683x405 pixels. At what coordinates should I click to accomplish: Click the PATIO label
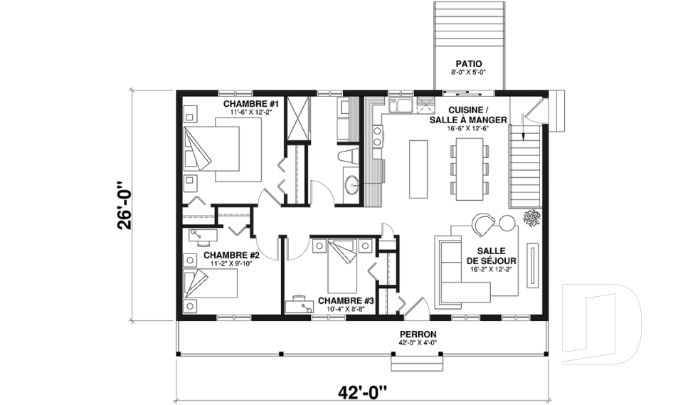point(469,64)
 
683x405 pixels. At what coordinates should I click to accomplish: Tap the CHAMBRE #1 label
point(251,104)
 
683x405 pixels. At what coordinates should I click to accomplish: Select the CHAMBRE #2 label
point(231,255)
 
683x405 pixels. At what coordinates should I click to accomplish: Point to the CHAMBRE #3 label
point(346,301)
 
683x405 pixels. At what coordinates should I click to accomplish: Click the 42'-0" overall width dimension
point(362,391)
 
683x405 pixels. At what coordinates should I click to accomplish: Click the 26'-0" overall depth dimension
point(124,205)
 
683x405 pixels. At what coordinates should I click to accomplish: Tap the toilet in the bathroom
point(349,156)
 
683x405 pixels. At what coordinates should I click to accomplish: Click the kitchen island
point(418,169)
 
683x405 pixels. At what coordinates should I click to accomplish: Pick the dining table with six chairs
point(469,169)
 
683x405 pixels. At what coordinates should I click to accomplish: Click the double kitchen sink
point(401,105)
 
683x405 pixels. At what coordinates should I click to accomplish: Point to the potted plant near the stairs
point(532,218)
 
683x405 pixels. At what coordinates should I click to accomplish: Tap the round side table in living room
point(507,223)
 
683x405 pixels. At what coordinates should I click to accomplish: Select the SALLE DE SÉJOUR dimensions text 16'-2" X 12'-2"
point(491,270)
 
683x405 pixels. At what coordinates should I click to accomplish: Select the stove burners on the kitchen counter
point(377,136)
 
